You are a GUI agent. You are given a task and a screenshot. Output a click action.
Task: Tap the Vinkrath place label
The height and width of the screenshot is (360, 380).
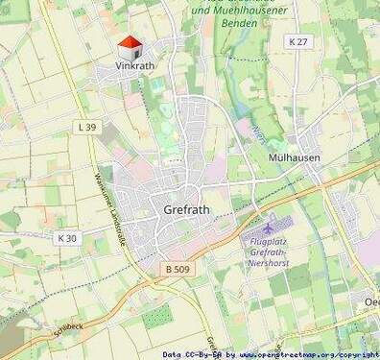[x=134, y=66]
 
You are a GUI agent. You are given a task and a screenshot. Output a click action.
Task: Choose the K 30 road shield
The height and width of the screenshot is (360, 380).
[x=66, y=237]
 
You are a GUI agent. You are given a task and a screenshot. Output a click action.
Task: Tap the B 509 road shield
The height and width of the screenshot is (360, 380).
[x=177, y=270]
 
